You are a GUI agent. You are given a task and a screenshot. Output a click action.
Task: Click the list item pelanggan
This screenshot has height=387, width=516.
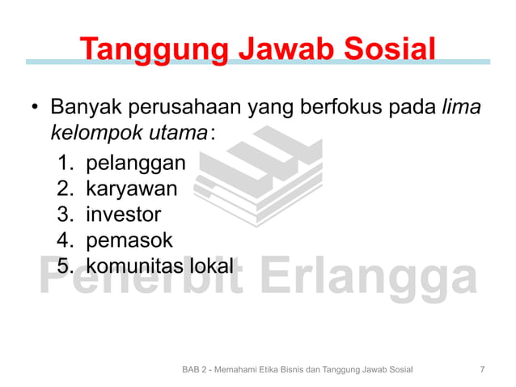coord(135,164)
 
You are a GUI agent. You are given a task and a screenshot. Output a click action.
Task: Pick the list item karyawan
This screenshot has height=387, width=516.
coord(132,190)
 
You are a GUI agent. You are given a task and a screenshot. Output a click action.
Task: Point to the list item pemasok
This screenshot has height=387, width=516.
coord(129,240)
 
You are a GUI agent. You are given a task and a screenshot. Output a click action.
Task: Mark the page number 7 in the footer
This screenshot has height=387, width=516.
coord(483,370)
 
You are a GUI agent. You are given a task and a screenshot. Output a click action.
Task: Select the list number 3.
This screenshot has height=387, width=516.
coord(65,215)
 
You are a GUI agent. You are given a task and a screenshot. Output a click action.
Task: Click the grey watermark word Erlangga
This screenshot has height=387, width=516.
coord(373,279)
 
